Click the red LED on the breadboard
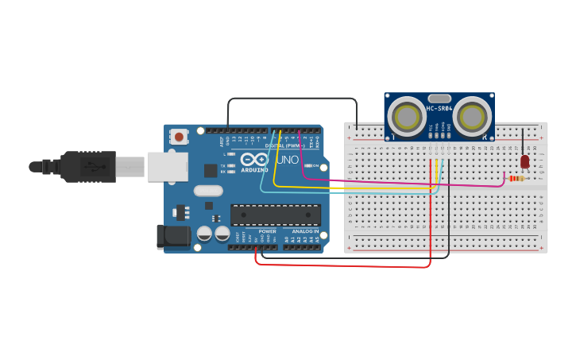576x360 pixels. point(524,161)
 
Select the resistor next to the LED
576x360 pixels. point(516,179)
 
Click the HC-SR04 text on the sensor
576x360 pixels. point(439,109)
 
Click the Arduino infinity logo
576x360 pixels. point(254,159)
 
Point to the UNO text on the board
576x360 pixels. point(287,160)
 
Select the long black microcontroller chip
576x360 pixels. point(276,215)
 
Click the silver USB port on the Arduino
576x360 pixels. point(167,166)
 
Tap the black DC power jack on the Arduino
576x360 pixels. point(173,236)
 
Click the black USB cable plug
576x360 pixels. point(87,167)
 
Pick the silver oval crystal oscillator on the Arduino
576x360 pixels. point(208,191)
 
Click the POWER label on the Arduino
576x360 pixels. point(267,231)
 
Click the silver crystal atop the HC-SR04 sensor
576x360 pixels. point(439,99)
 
